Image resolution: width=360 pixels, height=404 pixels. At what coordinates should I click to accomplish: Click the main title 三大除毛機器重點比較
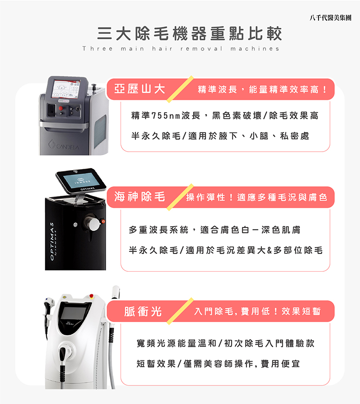(x=189, y=33)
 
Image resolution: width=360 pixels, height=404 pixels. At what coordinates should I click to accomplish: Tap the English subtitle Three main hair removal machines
(x=181, y=49)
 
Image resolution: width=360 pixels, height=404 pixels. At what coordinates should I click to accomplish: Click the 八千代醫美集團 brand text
(x=330, y=18)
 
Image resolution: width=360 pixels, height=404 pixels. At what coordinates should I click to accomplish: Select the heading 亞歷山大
(x=139, y=89)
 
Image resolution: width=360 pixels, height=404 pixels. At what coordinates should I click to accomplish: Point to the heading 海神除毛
(x=139, y=197)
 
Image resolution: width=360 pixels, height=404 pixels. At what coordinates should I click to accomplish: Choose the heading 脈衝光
(x=143, y=311)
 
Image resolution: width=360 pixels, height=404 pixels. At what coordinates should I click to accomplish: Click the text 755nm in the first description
(x=166, y=116)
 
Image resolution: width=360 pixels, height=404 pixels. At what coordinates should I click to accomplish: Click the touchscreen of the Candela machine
(x=65, y=89)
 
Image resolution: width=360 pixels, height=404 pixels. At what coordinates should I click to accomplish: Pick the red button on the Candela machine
(x=61, y=108)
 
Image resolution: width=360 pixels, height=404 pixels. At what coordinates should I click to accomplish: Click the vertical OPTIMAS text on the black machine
(x=52, y=241)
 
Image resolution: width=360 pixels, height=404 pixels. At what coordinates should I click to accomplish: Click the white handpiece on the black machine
(x=94, y=224)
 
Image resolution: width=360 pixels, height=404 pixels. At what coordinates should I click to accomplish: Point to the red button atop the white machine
(x=91, y=296)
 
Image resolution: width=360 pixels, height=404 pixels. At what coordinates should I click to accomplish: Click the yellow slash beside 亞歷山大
(x=180, y=89)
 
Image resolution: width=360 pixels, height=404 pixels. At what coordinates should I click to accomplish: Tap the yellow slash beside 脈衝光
(x=180, y=311)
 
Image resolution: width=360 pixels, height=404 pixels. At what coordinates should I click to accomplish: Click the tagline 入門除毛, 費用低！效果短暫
(x=257, y=311)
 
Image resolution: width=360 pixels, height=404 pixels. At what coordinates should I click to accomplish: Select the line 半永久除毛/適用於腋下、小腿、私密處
(x=220, y=136)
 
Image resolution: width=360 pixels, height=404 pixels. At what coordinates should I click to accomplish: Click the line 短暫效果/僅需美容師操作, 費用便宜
(x=218, y=364)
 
